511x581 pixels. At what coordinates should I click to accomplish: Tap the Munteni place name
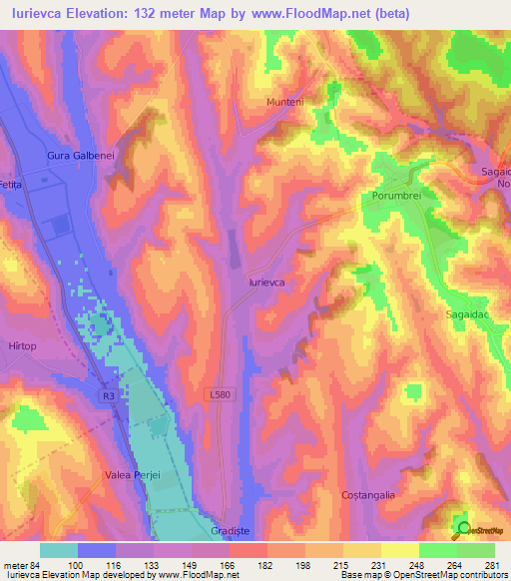point(283,102)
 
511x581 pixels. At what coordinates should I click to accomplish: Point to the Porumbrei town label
point(397,196)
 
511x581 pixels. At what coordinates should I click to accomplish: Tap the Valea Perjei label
point(133,476)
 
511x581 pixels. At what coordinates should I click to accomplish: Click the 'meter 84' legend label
point(21,564)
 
